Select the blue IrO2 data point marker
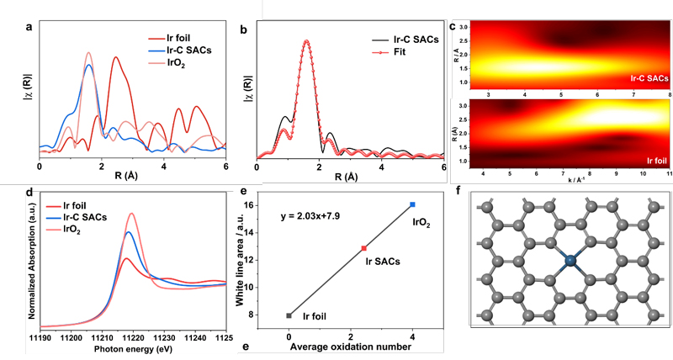[x=412, y=204]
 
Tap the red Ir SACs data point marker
[x=363, y=248]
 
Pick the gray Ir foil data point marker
[x=289, y=315]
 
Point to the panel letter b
[x=243, y=29]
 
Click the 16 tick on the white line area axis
[x=273, y=204]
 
